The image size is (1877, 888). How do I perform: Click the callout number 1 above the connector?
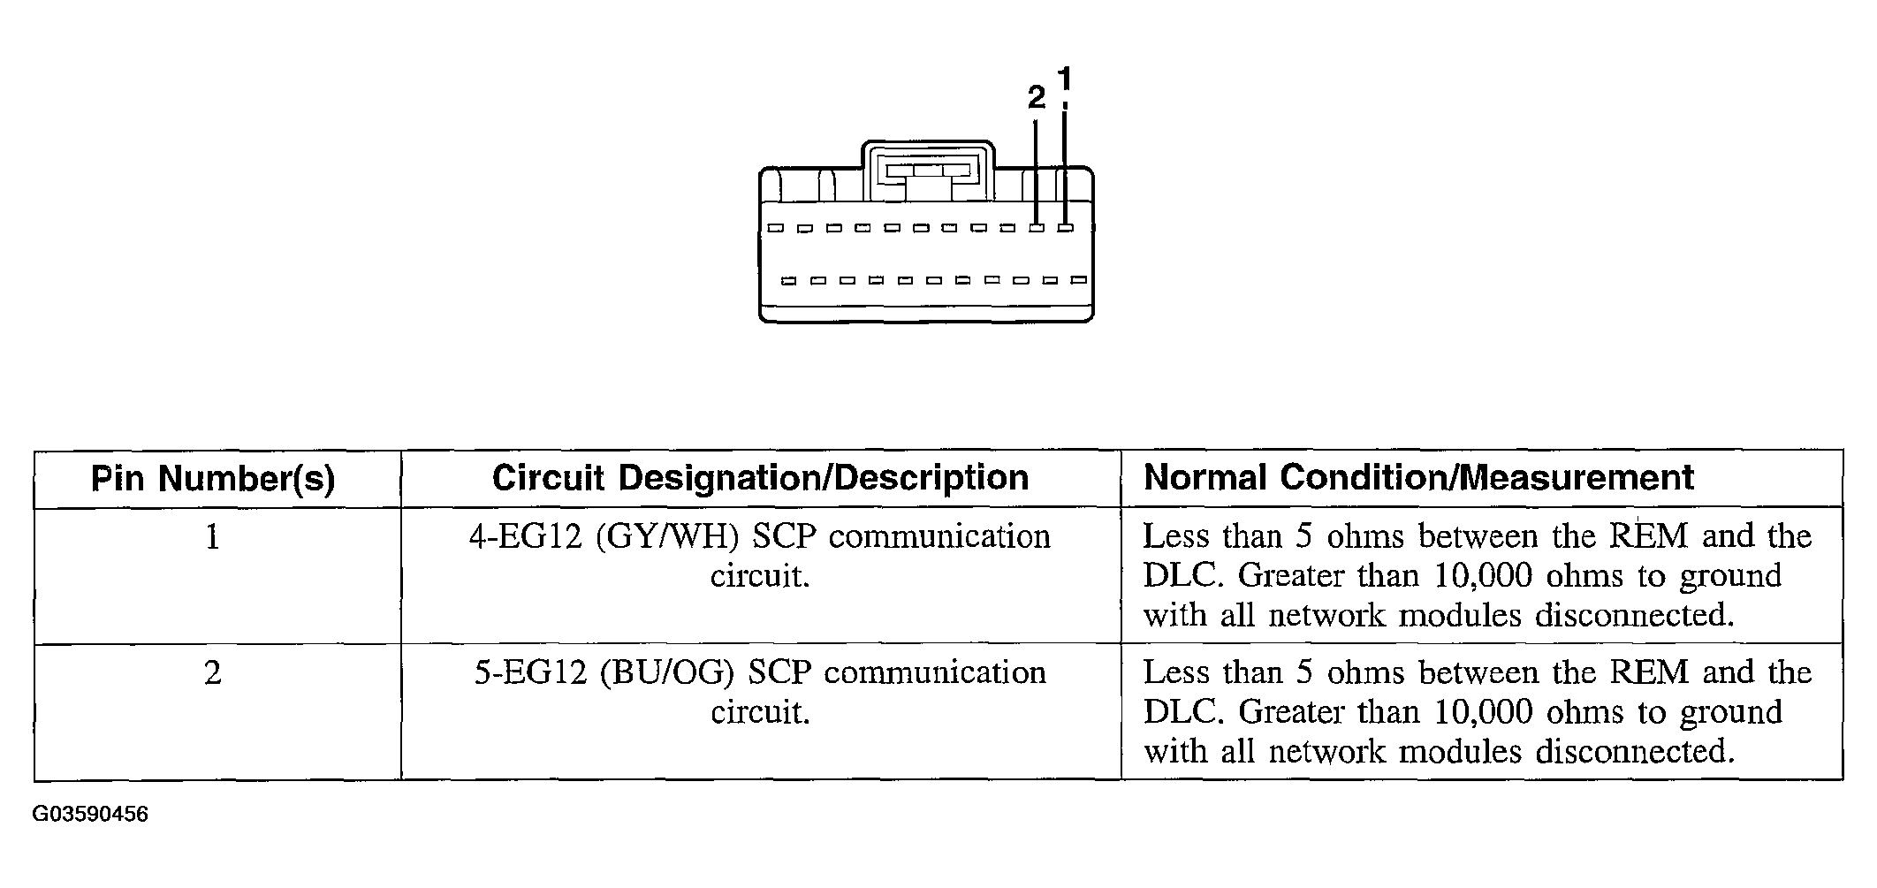point(1065,80)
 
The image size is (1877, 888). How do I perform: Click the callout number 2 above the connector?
point(1037,97)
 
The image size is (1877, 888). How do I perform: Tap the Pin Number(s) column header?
point(213,478)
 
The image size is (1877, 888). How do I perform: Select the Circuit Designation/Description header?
point(760,477)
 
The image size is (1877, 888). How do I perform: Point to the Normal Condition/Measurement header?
point(1418,477)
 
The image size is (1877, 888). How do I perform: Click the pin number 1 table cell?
point(212,537)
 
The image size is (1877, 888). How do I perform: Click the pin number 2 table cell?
point(212,673)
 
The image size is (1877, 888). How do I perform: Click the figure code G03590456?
point(90,814)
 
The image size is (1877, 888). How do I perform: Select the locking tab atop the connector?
point(927,172)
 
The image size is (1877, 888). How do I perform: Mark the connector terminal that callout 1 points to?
point(1066,228)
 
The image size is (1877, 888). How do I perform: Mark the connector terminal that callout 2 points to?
point(1037,228)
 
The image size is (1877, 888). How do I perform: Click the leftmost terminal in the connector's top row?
point(775,228)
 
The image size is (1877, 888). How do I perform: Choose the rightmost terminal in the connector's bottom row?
point(1078,280)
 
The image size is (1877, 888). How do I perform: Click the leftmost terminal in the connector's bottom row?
point(789,281)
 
